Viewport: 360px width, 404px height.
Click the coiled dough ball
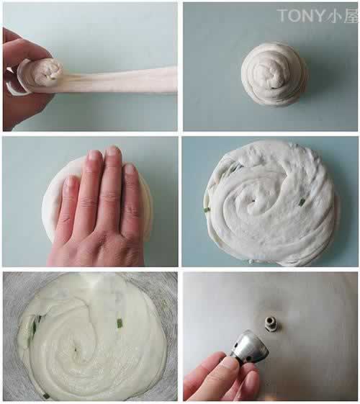(x=274, y=75)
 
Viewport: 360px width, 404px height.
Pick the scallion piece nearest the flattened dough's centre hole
(x=301, y=202)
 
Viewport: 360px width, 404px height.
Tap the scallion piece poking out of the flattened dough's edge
(x=206, y=209)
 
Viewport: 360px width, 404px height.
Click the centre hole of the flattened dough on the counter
(x=253, y=201)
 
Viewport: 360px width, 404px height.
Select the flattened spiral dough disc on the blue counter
(x=269, y=204)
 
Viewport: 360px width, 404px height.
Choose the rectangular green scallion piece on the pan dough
(x=120, y=323)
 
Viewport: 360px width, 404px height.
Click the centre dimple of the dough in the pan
(x=76, y=350)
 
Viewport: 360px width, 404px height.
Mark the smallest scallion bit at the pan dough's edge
(x=45, y=394)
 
